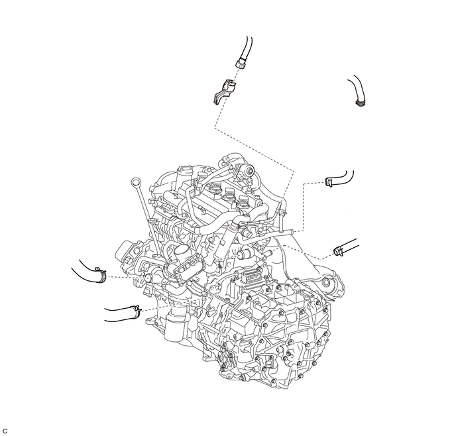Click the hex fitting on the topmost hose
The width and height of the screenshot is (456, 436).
(241, 63)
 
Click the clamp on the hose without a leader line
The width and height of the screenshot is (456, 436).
(361, 102)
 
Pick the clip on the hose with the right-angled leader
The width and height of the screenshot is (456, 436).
(329, 182)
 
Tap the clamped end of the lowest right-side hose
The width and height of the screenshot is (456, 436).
(337, 252)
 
